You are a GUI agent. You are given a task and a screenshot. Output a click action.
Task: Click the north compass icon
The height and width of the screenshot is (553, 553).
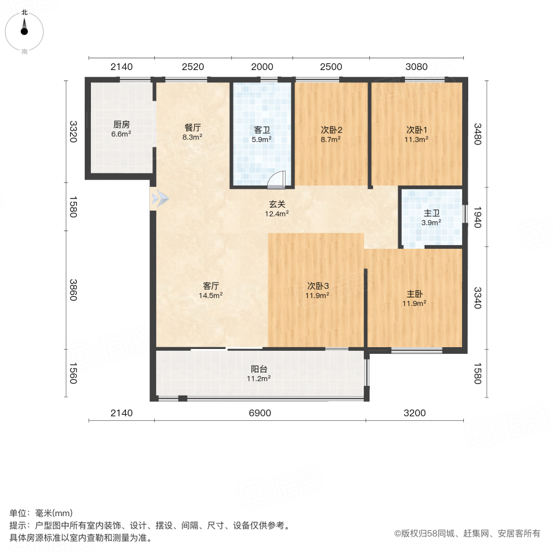pyautogui.click(x=25, y=28)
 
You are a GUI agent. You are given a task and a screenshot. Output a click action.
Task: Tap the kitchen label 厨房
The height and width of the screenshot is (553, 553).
pyautogui.click(x=121, y=122)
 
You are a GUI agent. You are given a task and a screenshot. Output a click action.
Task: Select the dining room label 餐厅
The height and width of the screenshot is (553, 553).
pyautogui.click(x=193, y=128)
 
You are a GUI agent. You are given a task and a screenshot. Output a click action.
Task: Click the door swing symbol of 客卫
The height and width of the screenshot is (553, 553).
pyautogui.click(x=278, y=179)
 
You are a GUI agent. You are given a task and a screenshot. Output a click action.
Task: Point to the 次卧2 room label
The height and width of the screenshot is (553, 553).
pyautogui.click(x=331, y=130)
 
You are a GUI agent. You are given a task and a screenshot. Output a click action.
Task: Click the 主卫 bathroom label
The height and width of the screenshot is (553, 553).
pyautogui.click(x=431, y=213)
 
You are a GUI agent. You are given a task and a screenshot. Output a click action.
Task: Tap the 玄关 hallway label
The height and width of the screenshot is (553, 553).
pyautogui.click(x=276, y=205)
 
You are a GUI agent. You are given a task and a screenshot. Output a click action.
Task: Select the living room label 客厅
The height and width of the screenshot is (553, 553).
pyautogui.click(x=211, y=286)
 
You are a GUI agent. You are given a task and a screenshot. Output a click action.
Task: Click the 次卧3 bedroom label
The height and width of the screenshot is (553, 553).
pyautogui.click(x=318, y=286)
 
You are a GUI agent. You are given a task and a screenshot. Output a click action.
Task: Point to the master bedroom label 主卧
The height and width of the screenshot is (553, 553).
pyautogui.click(x=414, y=294)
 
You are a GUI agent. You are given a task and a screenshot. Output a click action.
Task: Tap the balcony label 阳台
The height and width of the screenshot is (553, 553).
pyautogui.click(x=259, y=369)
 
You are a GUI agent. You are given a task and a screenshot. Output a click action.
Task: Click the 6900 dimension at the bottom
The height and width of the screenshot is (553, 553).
pyautogui.click(x=260, y=413)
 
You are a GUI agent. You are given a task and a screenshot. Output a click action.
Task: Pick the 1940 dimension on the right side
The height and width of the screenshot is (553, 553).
pyautogui.click(x=477, y=216)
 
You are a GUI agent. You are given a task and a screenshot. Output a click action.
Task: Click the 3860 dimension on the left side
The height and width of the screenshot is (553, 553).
pyautogui.click(x=74, y=289)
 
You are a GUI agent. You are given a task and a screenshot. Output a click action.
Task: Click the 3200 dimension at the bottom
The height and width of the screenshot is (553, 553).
pyautogui.click(x=415, y=413)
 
